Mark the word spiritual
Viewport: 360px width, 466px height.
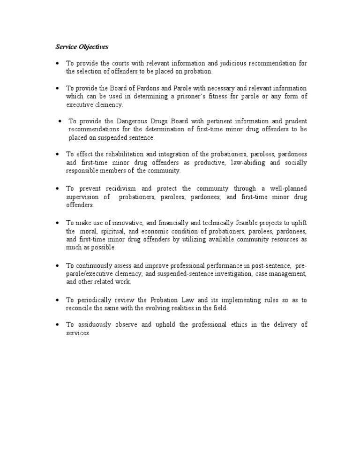[109, 231]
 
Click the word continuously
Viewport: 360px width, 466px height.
[95, 265]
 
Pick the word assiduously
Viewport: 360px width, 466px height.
[95, 324]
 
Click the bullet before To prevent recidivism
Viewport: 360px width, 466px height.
[57, 188]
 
